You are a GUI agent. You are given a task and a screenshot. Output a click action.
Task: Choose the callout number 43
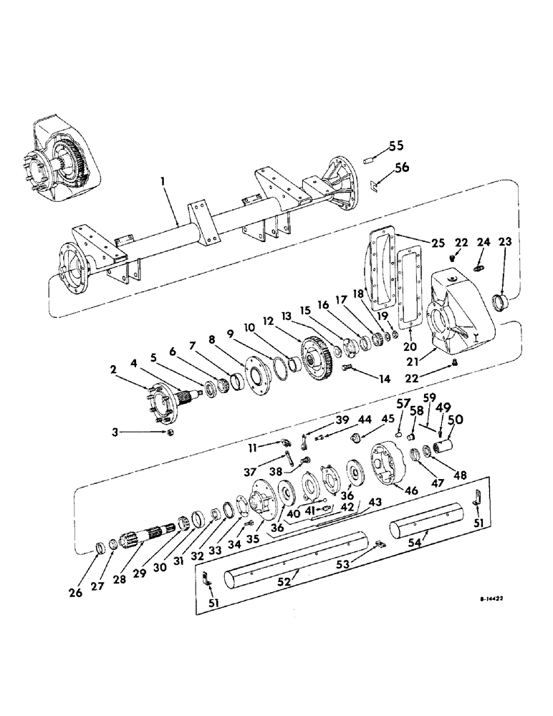tap(374, 504)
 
